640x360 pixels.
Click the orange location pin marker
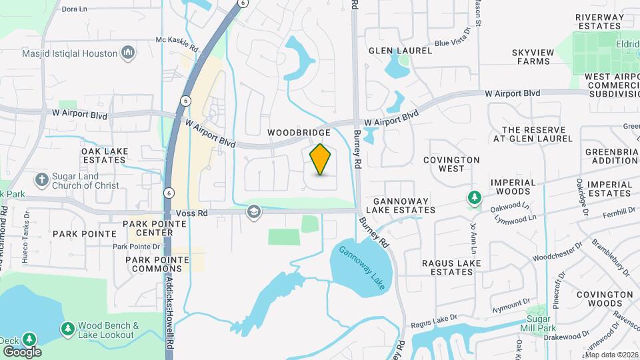321,159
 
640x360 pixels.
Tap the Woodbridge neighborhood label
299,133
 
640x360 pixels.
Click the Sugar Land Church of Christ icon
42,180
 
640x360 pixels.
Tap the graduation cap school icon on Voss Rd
253,213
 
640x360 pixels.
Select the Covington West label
451,164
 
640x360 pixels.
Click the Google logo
22,351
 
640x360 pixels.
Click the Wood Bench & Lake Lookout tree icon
67,329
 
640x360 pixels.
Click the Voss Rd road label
193,213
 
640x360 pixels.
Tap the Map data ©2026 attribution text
611,355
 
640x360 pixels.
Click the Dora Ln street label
74,9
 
